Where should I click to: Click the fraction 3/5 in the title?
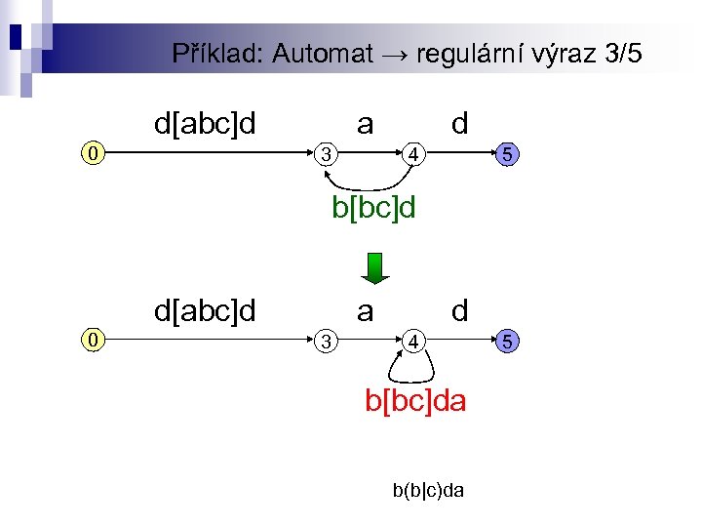coord(623,54)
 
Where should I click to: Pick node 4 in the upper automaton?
coord(414,153)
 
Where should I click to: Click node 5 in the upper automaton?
coord(507,153)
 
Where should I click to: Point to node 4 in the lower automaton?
coord(414,341)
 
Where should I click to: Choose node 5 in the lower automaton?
coord(507,341)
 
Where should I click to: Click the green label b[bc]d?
coord(373,208)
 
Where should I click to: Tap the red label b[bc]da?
coord(415,400)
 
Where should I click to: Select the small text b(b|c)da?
coord(428,490)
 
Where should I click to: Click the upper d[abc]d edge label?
coord(205,124)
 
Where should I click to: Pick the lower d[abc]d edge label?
coord(205,311)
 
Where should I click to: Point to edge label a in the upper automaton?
coord(365,124)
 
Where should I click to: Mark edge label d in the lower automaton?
coord(459,311)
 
